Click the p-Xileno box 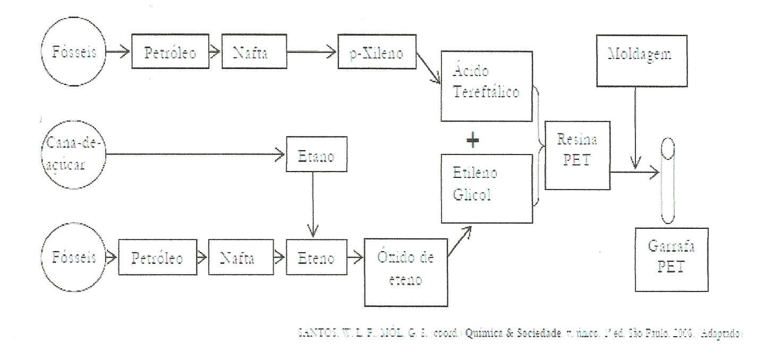376,54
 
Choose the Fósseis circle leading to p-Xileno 74,53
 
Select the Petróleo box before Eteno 157,259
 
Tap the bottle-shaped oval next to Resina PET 665,181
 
